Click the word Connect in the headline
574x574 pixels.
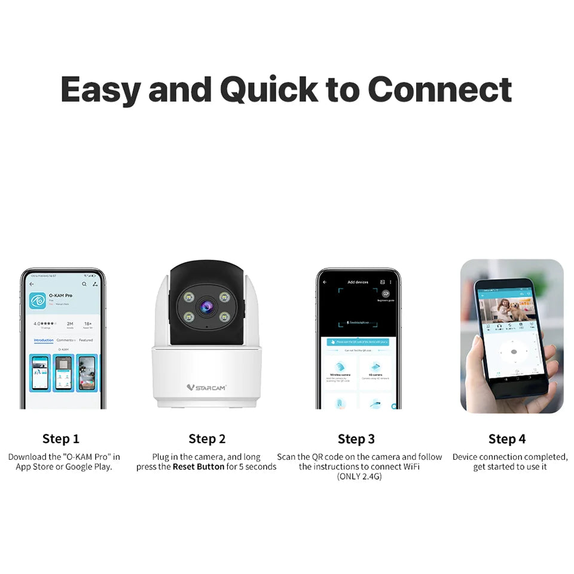(439, 90)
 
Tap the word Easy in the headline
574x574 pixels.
(100, 90)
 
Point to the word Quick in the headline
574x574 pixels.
(268, 90)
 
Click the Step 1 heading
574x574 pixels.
(61, 439)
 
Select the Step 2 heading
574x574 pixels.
(207, 439)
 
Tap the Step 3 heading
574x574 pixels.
(356, 439)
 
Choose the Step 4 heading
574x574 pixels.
(507, 439)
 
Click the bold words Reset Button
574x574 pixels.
(199, 466)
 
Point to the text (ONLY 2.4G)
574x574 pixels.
(359, 476)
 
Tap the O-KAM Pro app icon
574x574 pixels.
(38, 300)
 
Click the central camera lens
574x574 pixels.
(206, 307)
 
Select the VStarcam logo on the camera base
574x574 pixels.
(206, 387)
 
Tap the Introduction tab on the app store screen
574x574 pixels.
(44, 340)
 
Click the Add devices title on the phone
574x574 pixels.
(358, 282)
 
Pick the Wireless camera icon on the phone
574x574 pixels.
(340, 367)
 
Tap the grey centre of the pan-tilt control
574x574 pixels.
(513, 352)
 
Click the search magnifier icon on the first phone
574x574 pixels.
(84, 284)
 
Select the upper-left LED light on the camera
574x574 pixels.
(187, 296)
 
